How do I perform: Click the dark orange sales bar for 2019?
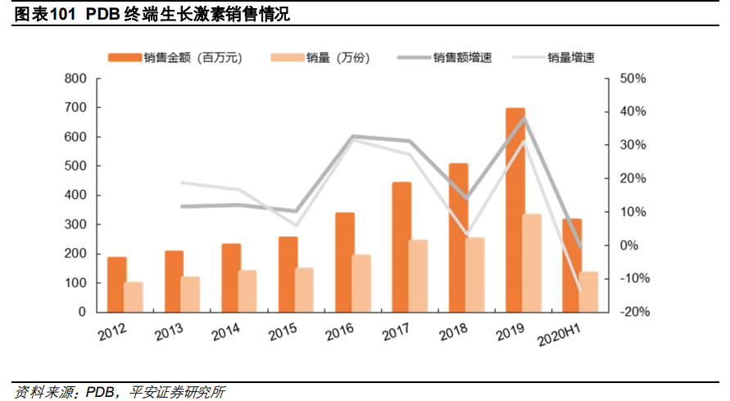515,210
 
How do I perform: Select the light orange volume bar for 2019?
532,263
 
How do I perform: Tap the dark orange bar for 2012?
117,284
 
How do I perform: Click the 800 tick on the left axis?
75,79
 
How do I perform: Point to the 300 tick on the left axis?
75,224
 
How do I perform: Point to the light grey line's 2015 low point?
297,225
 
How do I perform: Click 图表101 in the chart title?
47,14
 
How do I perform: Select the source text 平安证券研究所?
177,392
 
